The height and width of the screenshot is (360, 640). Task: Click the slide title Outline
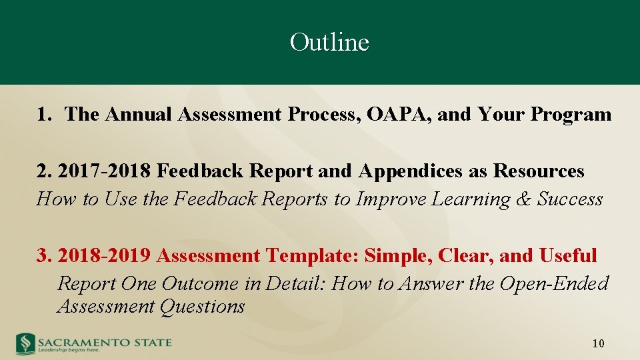pyautogui.click(x=329, y=43)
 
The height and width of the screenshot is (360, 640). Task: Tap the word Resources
pyautogui.click(x=539, y=171)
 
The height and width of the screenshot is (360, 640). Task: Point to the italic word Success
pyautogui.click(x=571, y=199)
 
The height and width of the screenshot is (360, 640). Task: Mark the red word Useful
pyautogui.click(x=568, y=255)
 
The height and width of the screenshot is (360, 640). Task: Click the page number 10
pyautogui.click(x=598, y=344)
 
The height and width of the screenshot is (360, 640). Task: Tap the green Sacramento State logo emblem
pyautogui.click(x=25, y=343)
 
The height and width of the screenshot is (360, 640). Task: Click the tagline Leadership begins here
pyautogui.click(x=69, y=349)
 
